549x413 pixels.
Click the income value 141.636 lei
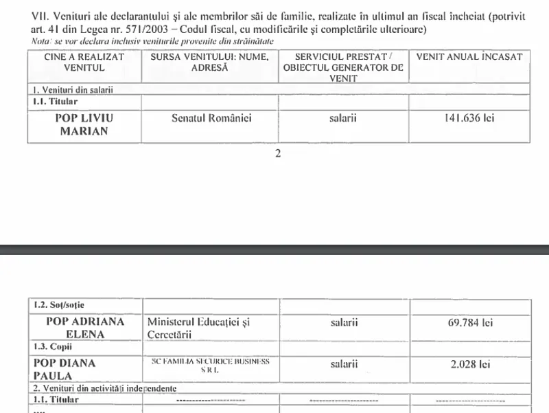(470, 118)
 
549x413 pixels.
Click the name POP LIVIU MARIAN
(83, 124)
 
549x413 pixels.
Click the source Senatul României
(211, 118)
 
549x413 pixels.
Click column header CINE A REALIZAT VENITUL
(83, 63)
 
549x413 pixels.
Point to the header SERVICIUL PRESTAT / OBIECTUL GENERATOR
(342, 68)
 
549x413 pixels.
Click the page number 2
(278, 153)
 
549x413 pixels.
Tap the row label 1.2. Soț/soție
(60, 304)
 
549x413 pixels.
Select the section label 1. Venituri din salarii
(72, 90)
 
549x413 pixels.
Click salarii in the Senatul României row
(342, 118)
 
